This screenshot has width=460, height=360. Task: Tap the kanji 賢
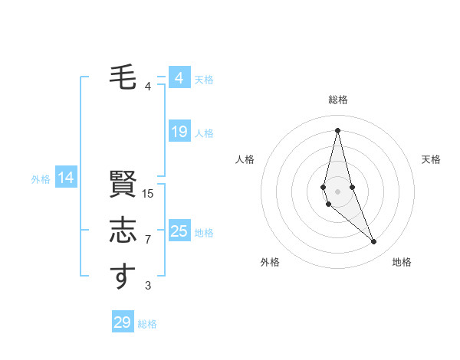click(x=123, y=185)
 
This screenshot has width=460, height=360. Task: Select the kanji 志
click(x=123, y=231)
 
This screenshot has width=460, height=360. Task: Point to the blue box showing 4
click(x=179, y=78)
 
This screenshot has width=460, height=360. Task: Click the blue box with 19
click(x=179, y=132)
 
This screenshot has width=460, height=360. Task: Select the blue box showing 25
click(x=179, y=231)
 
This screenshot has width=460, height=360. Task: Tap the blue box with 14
click(x=66, y=178)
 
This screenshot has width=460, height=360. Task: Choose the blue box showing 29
click(x=123, y=322)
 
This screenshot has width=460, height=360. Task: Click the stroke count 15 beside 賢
click(x=148, y=194)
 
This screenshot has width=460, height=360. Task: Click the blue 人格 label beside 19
click(x=204, y=133)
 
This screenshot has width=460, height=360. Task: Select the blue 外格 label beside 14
click(x=41, y=179)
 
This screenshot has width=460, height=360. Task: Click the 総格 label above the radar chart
click(x=338, y=100)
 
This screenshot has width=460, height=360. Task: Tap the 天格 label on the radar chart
click(x=432, y=159)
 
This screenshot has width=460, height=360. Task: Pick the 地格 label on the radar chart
click(x=402, y=262)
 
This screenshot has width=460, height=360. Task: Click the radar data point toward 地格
click(x=374, y=241)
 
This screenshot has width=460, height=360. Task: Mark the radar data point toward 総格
click(x=337, y=130)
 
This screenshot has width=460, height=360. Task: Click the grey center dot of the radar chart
click(x=337, y=191)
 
